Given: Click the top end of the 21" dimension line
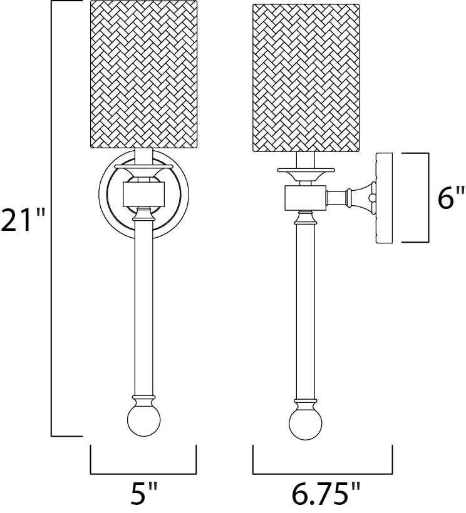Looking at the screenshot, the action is coord(51,1).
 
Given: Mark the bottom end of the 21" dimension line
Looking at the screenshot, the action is coord(51,436).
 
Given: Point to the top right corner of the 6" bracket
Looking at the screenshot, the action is coord(428,153).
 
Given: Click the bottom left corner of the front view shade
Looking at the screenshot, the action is coord(90,148).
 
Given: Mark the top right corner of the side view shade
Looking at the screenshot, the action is coord(360,4).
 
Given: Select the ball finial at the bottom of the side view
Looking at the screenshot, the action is coord(306,424).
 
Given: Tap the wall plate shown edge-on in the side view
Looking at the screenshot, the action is coord(385,198).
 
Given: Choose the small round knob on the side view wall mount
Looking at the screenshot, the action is coord(372,198).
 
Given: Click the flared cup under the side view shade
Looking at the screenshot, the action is coord(306,174).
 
